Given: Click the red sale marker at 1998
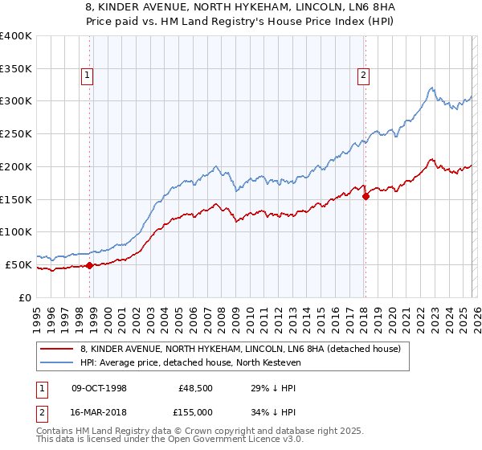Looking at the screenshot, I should pos(89,265).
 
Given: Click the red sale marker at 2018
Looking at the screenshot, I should pos(366,195).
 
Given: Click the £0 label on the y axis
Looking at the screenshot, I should pos(25,297).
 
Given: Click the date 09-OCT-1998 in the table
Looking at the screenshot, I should pos(99,387).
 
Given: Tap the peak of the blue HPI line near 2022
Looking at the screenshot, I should pos(431,88).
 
